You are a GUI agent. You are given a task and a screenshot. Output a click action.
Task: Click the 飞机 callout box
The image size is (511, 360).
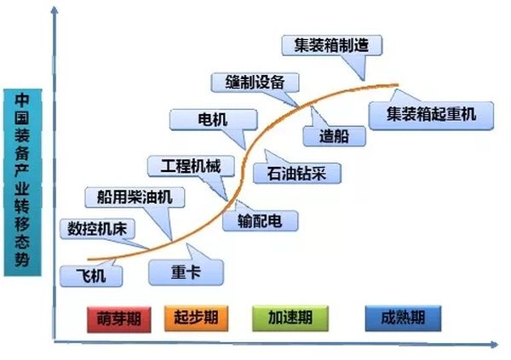[91, 275]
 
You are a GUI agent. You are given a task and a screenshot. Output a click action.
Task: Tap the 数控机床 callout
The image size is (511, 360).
[98, 228]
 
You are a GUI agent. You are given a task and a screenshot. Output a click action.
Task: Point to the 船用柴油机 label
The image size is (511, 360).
[134, 197]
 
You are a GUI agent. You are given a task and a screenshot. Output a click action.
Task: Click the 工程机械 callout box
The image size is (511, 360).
[184, 164]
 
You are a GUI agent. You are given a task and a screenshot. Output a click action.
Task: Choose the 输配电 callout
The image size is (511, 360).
[261, 220]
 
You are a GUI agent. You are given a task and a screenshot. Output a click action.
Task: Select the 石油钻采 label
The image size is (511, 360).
[297, 173]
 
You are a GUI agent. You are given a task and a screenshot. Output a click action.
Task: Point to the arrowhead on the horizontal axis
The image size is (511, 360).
[494, 345]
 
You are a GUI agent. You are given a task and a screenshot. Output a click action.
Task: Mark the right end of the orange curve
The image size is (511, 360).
[397, 84]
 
